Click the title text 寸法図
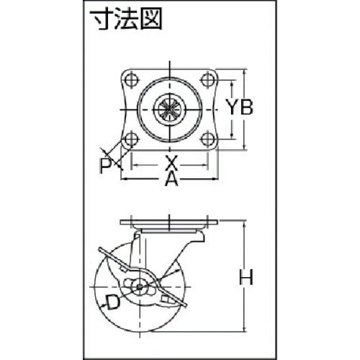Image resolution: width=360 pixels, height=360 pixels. tap(126, 19)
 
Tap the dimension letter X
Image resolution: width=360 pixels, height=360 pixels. tap(171, 163)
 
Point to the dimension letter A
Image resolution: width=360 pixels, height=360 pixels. tap(171, 179)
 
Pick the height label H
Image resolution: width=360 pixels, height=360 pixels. tap(246, 277)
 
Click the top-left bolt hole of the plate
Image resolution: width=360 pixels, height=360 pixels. tap(132, 80)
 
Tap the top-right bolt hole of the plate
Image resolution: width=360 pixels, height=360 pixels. tap(207, 80)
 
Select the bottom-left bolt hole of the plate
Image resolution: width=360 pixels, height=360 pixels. tap(132, 139)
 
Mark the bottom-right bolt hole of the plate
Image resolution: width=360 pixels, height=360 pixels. tap(207, 139)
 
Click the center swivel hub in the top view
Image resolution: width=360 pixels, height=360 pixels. tap(170, 109)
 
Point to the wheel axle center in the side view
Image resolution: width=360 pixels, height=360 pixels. tap(139, 287)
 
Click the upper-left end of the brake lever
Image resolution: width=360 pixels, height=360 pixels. tap(100, 250)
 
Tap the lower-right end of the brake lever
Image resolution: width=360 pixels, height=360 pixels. tap(184, 305)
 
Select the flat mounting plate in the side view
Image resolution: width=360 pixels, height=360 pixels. tap(169, 222)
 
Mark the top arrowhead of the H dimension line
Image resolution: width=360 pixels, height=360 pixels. tap(244, 224)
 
